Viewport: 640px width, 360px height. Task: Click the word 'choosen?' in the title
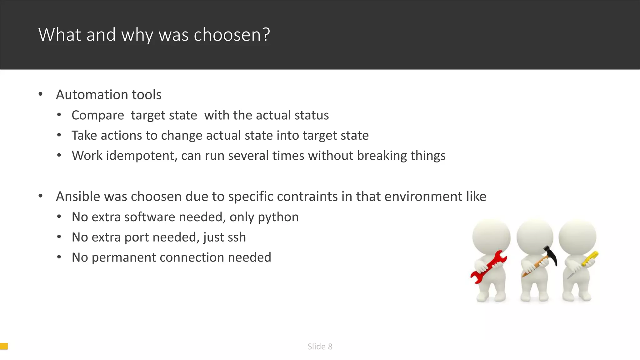tap(232, 35)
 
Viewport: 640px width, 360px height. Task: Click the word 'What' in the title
tap(60, 34)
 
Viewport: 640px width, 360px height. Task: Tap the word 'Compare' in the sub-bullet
tap(98, 115)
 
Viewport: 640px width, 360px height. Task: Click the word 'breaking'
tap(382, 156)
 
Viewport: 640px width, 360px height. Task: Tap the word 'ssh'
tap(237, 237)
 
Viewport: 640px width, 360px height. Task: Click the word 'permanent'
tap(123, 257)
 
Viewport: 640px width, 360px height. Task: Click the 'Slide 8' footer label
tap(320, 347)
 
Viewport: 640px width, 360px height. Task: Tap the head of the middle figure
tap(535, 237)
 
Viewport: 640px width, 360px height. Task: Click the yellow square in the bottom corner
tap(4, 346)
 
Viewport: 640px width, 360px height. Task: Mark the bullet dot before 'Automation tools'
tap(40, 94)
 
